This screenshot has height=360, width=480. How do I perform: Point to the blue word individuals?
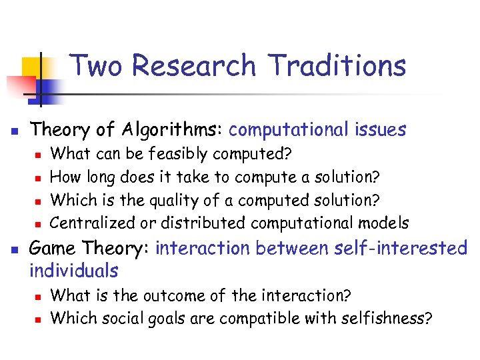[x=74, y=271]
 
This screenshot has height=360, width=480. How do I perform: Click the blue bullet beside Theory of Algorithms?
[x=15, y=131]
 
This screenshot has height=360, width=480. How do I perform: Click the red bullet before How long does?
[x=38, y=178]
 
